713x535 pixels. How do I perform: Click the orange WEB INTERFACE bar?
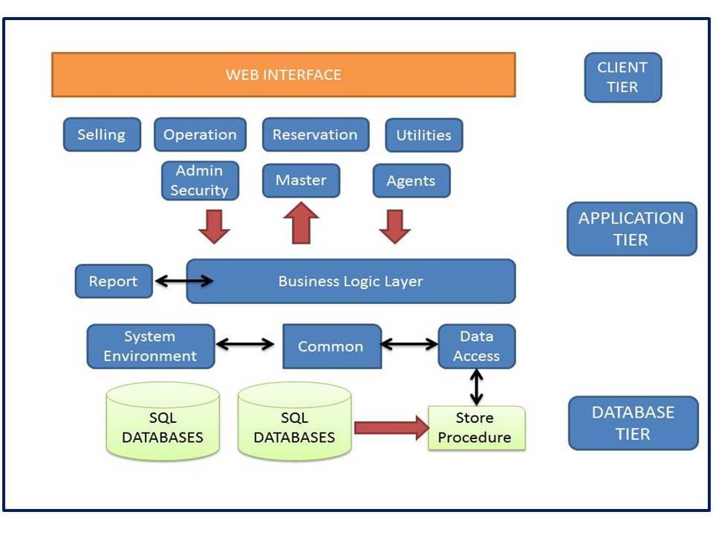click(283, 74)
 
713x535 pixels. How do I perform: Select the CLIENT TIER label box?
click(622, 77)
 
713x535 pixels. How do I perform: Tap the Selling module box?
click(102, 134)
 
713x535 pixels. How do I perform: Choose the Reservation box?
click(315, 134)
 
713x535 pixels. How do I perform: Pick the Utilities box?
click(423, 135)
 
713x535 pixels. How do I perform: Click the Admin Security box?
click(200, 181)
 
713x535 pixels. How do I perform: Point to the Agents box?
click(411, 181)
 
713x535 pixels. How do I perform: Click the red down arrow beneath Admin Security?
click(214, 226)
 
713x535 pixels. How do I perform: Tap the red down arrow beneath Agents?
click(395, 226)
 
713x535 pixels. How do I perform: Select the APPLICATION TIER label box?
click(631, 229)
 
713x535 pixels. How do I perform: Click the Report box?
click(114, 281)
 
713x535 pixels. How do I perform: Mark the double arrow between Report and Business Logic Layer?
click(183, 281)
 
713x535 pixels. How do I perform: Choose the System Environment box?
click(151, 346)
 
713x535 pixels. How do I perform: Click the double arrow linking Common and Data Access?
click(409, 344)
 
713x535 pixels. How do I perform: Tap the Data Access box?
click(476, 346)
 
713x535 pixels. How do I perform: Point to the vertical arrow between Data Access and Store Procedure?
click(476, 386)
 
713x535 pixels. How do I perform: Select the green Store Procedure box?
click(476, 428)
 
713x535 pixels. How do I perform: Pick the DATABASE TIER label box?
click(633, 423)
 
